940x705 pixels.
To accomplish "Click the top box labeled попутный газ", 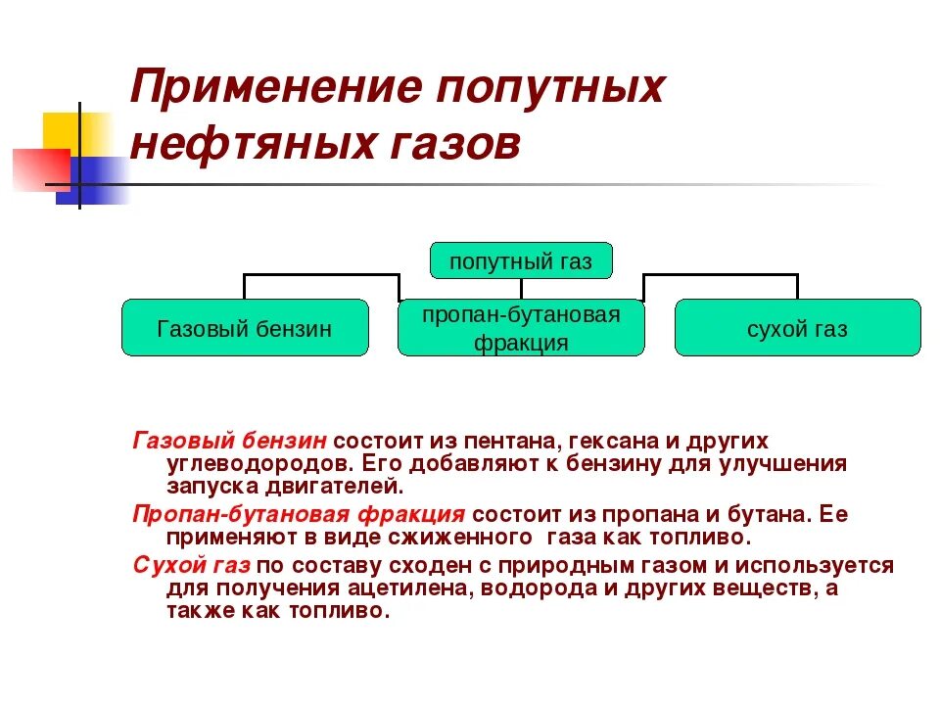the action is click(x=521, y=261).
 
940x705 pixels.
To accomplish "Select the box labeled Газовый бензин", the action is click(x=245, y=328).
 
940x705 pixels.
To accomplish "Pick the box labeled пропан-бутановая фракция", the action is click(x=521, y=328).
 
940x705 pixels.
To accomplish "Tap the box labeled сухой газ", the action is click(x=797, y=328).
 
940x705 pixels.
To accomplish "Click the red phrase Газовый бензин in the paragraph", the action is click(x=230, y=442).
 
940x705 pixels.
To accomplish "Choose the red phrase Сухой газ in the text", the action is click(x=192, y=566).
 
